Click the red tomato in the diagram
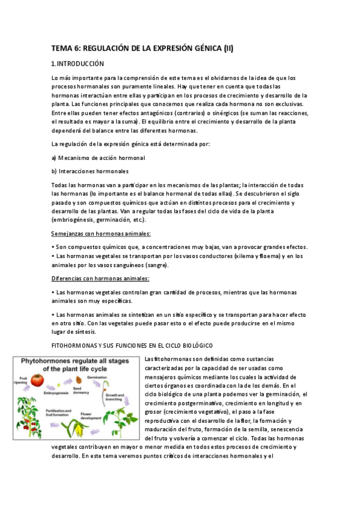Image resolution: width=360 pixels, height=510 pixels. (x=38, y=380)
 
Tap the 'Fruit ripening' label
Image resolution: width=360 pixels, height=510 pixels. (x=22, y=380)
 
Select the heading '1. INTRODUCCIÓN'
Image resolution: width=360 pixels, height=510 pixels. (x=78, y=64)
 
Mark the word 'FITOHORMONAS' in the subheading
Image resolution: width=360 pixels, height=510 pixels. (x=75, y=345)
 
